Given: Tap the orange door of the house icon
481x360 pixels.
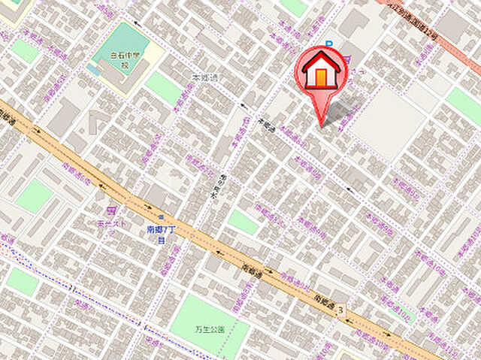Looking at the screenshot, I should click(322, 77).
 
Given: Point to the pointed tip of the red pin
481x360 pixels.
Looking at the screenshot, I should click(322, 126).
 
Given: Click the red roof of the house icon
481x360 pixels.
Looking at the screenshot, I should click(322, 62).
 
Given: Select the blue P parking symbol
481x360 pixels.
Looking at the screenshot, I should click(328, 45).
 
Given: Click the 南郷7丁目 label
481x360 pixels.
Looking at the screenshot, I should click(161, 234).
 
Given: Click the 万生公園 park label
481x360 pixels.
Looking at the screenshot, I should click(210, 329).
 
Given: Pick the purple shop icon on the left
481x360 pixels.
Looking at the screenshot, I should click(111, 211).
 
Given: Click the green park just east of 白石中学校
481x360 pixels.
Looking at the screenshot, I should click(164, 88).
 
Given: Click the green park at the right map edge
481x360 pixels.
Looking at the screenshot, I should click(465, 104).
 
